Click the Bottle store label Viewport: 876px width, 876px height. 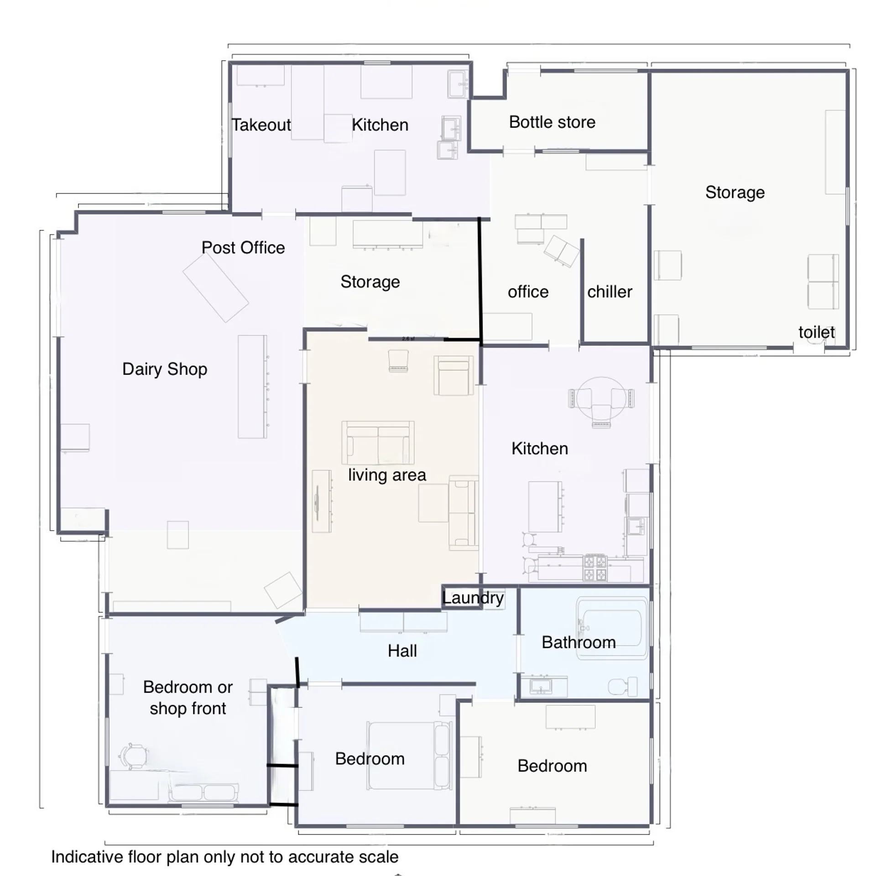pyautogui.click(x=552, y=122)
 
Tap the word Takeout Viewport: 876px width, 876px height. pyautogui.click(x=261, y=125)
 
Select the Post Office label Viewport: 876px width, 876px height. pyautogui.click(x=243, y=248)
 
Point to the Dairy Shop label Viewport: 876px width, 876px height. pyautogui.click(x=165, y=369)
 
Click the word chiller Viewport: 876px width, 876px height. pyautogui.click(x=610, y=292)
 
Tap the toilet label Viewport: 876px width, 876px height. pyautogui.click(x=817, y=332)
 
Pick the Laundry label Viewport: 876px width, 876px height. pyautogui.click(x=473, y=598)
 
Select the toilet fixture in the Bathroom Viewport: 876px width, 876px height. pyautogui.click(x=623, y=687)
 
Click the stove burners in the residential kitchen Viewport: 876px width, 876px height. pyautogui.click(x=595, y=568)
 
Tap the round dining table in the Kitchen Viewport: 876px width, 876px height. pyautogui.click(x=601, y=398)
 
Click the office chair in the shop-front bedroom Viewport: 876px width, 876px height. pyautogui.click(x=133, y=756)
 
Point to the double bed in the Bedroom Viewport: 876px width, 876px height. pyautogui.click(x=410, y=756)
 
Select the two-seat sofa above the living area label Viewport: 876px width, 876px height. pyautogui.click(x=378, y=443)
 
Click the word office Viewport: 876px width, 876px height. pyautogui.click(x=528, y=292)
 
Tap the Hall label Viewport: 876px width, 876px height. pyautogui.click(x=402, y=651)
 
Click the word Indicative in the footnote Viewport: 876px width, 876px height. pyautogui.click(x=87, y=857)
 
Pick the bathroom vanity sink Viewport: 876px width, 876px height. pyautogui.click(x=541, y=686)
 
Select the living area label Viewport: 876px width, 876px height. pyautogui.click(x=387, y=475)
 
